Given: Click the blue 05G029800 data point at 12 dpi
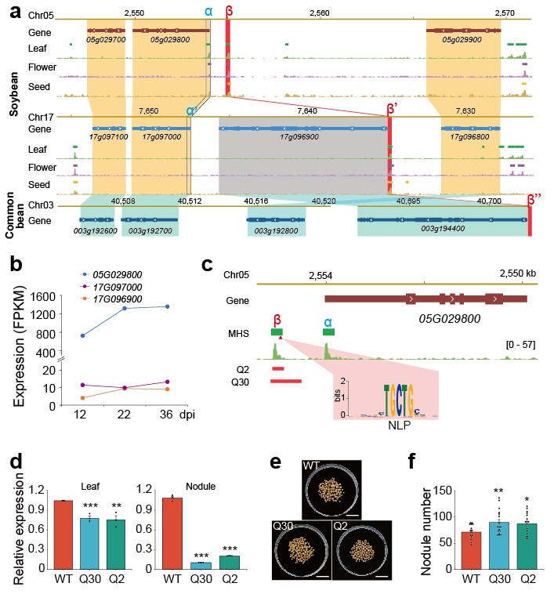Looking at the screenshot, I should [82, 335].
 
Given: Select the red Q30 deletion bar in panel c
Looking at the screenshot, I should [286, 381].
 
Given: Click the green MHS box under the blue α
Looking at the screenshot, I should [328, 333].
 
